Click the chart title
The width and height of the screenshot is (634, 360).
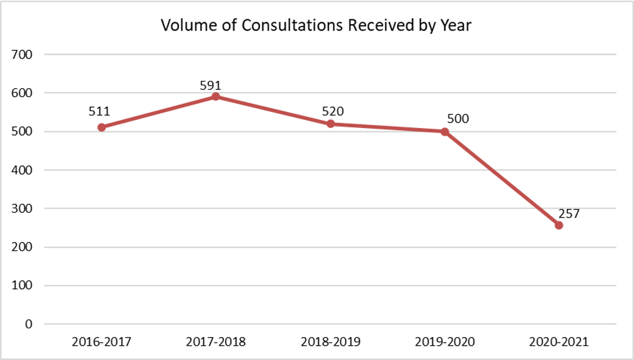pyautogui.click(x=317, y=25)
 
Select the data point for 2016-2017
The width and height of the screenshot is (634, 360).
pyautogui.click(x=101, y=127)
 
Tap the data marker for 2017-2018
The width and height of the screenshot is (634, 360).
pyautogui.click(x=216, y=96)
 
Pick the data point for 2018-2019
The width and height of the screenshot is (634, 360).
pyautogui.click(x=330, y=124)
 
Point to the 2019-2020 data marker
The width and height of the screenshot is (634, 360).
pyautogui.click(x=445, y=131)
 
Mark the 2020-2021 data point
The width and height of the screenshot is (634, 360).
pyautogui.click(x=559, y=225)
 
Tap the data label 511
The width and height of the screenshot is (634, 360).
pyautogui.click(x=99, y=112)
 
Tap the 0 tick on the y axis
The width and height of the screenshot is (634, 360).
pyautogui.click(x=29, y=324)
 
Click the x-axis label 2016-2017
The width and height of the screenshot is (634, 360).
pyautogui.click(x=101, y=342)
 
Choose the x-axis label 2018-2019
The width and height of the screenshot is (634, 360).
pyautogui.click(x=330, y=342)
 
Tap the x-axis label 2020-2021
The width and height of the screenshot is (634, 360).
pyautogui.click(x=559, y=342)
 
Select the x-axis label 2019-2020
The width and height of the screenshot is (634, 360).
pyautogui.click(x=445, y=342)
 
